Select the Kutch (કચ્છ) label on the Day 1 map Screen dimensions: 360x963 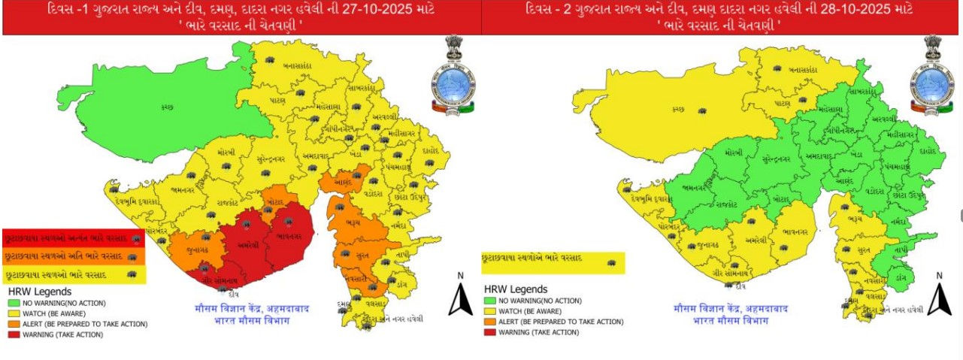167,107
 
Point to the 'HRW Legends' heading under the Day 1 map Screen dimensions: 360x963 40,291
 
